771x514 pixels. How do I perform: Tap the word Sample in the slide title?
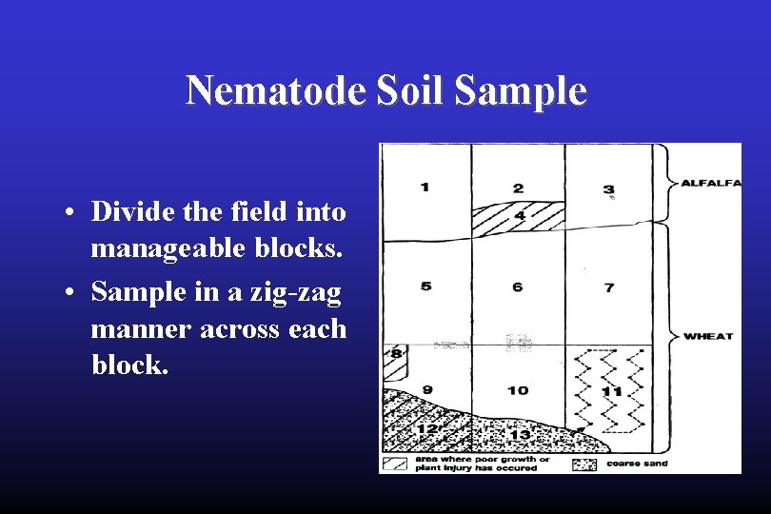point(521,91)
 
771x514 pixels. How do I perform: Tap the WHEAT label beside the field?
point(708,335)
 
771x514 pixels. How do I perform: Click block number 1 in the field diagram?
point(425,187)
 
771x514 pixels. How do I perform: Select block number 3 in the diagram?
point(608,189)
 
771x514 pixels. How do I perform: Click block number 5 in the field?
point(425,287)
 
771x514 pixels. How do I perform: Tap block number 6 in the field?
point(517,287)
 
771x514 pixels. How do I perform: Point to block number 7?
point(609,287)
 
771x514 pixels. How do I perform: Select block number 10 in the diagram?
point(518,390)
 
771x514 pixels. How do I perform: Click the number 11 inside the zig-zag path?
point(612,390)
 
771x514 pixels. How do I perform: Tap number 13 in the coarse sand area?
point(520,434)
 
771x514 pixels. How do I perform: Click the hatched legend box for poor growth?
point(394,465)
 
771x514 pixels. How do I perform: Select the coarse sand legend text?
point(636,464)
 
